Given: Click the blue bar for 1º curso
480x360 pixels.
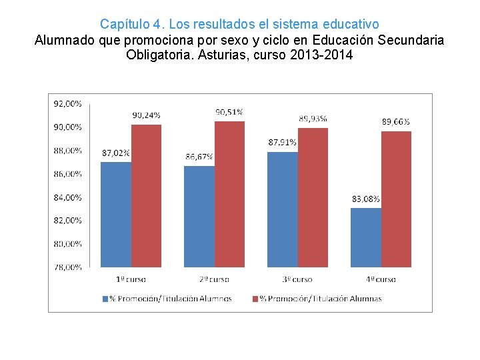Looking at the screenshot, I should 116,214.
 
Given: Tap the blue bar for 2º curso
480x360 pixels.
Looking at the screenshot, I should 199,216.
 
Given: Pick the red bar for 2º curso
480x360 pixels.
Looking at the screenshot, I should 229,194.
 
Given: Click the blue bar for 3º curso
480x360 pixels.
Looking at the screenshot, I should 283,209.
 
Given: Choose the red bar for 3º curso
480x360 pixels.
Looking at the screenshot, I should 313,197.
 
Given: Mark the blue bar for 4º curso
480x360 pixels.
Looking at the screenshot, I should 366,237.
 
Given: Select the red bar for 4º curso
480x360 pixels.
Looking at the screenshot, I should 396,199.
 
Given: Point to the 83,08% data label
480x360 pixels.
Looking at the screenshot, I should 366,199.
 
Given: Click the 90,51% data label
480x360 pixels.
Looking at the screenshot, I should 229,112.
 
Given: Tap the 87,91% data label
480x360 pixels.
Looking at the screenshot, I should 283,142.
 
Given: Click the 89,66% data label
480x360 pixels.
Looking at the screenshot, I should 396,122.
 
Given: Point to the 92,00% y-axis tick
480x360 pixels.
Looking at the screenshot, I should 67,103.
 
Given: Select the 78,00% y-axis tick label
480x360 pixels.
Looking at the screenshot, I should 67,267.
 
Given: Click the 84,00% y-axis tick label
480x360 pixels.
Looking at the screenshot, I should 67,197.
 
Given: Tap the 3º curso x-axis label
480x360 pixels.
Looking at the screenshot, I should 297,279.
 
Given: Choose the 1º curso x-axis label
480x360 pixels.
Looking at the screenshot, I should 131,279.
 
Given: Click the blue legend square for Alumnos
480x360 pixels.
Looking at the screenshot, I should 105,299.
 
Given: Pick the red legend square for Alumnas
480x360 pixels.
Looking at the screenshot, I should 255,299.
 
